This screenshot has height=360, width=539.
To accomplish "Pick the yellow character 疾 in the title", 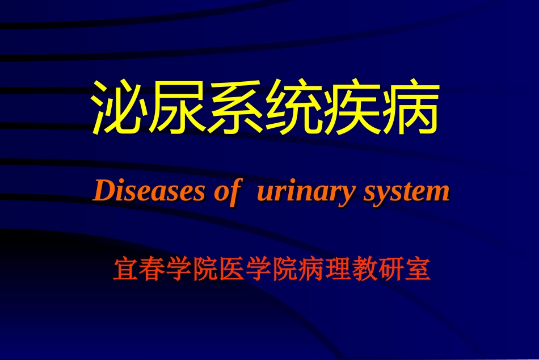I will pyautogui.click(x=352, y=107).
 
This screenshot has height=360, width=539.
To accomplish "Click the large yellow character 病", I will pyautogui.click(x=410, y=107).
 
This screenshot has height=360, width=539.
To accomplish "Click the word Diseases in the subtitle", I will pyautogui.click(x=148, y=191).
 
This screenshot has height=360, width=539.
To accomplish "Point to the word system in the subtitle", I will pyautogui.click(x=405, y=192).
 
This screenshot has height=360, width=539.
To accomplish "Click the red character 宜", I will pyautogui.click(x=125, y=270).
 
